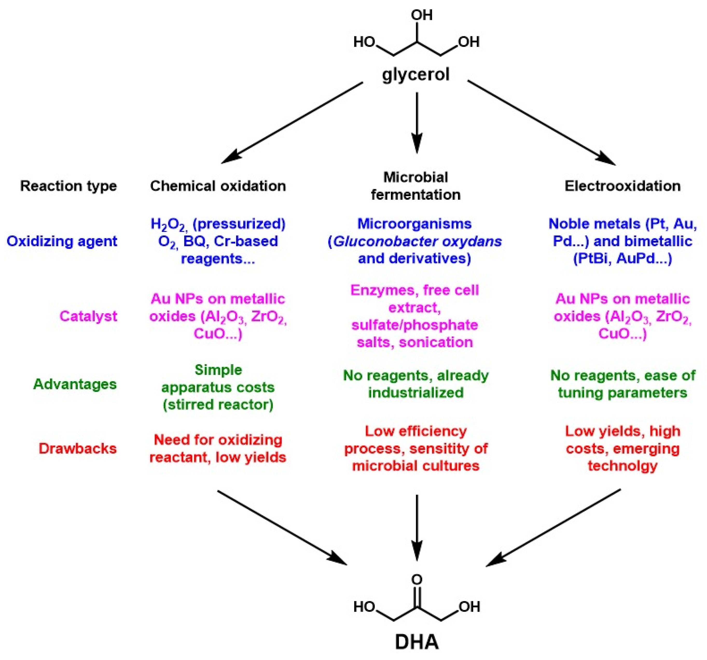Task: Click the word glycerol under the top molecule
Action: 416,75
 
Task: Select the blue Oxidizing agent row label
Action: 62,241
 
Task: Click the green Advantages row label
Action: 75,384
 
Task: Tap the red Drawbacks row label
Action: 78,448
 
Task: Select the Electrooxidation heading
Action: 622,186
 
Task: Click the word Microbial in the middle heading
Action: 415,177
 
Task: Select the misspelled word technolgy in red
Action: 622,465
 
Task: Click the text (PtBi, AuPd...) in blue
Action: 622,259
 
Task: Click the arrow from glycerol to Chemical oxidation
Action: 292,123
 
